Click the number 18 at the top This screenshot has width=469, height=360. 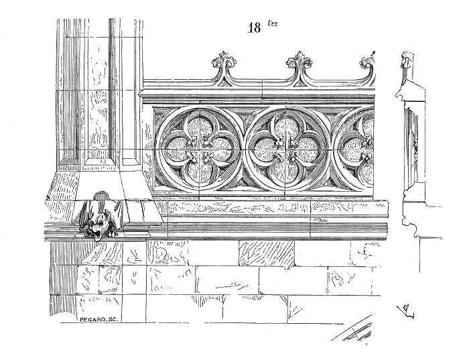(x=254, y=28)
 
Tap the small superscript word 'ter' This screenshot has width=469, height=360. (x=273, y=23)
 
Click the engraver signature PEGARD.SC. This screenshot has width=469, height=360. (x=99, y=320)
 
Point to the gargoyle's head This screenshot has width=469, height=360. (x=97, y=229)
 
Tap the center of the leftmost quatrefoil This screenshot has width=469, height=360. (x=199, y=148)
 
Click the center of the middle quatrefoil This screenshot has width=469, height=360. (x=286, y=148)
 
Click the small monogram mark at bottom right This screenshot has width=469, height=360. (x=406, y=311)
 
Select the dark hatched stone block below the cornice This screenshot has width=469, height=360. (x=267, y=253)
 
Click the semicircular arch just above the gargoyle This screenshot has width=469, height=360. (x=101, y=195)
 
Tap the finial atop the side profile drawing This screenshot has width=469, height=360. (x=407, y=59)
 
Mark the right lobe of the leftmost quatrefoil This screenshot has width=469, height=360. (x=220, y=149)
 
